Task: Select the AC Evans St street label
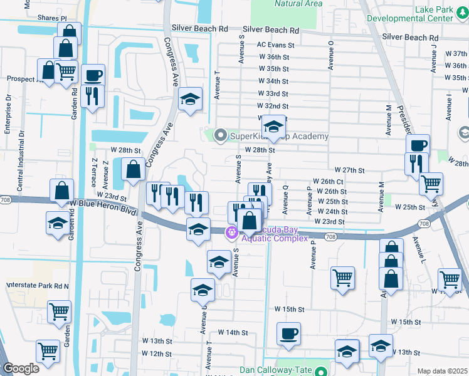(275, 45)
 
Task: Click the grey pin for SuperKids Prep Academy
(220, 135)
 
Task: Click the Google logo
(21, 368)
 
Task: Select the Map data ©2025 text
(442, 371)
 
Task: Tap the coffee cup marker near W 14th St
(288, 333)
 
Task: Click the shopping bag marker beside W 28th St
(134, 169)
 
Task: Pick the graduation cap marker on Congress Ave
(191, 99)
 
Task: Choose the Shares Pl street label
(52, 19)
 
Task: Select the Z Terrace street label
(94, 170)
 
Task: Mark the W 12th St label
(157, 354)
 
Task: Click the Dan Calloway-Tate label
(275, 370)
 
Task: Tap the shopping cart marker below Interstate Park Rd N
(59, 310)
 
